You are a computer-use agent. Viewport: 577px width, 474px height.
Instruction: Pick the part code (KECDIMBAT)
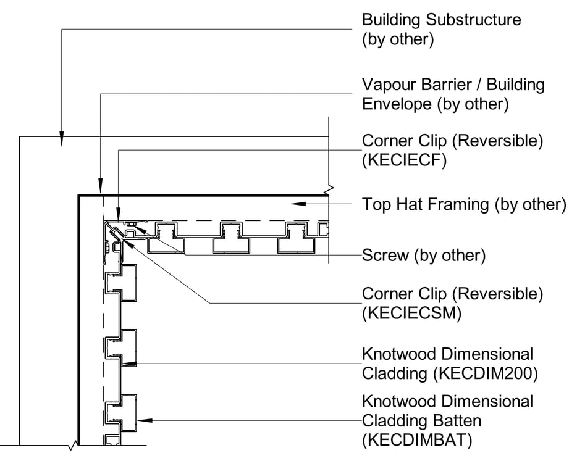417,441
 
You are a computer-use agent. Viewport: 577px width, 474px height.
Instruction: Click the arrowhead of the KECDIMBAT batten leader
143,421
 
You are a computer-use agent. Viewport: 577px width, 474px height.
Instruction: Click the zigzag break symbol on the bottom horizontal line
75,445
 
